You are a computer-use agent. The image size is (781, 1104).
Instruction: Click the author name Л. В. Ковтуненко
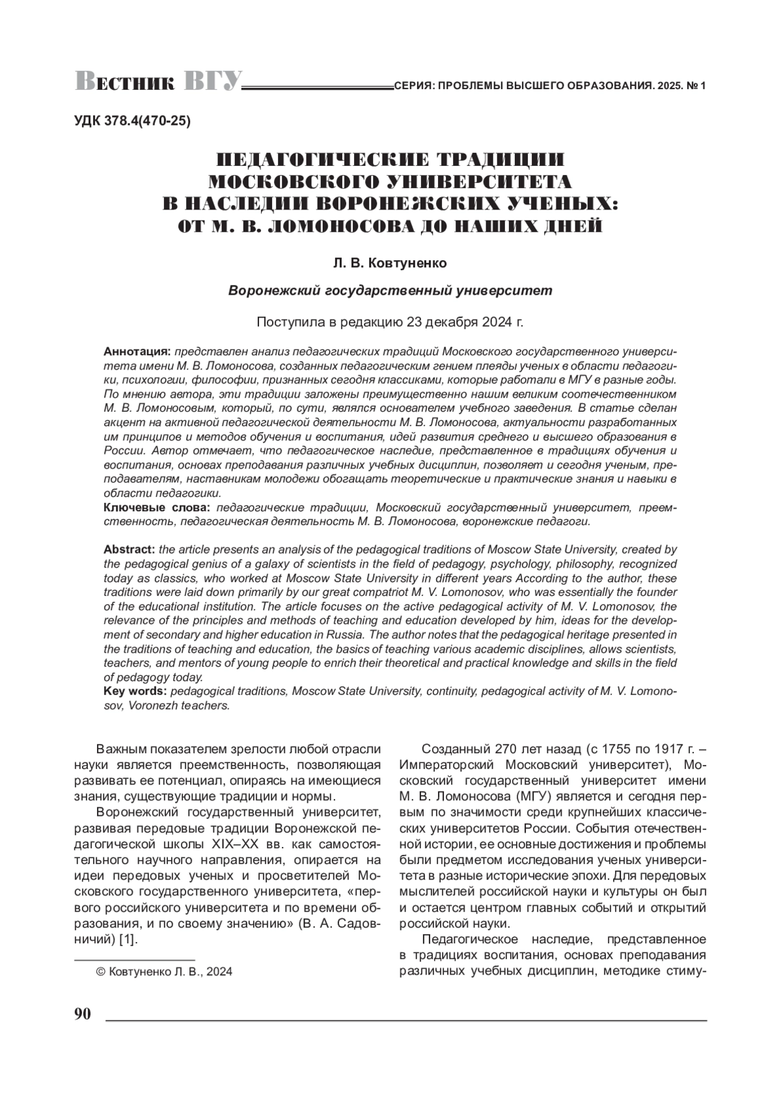390,263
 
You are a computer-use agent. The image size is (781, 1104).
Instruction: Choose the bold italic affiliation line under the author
390,291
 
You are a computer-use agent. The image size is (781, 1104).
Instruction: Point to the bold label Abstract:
129,550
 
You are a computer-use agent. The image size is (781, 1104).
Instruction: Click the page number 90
83,1014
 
